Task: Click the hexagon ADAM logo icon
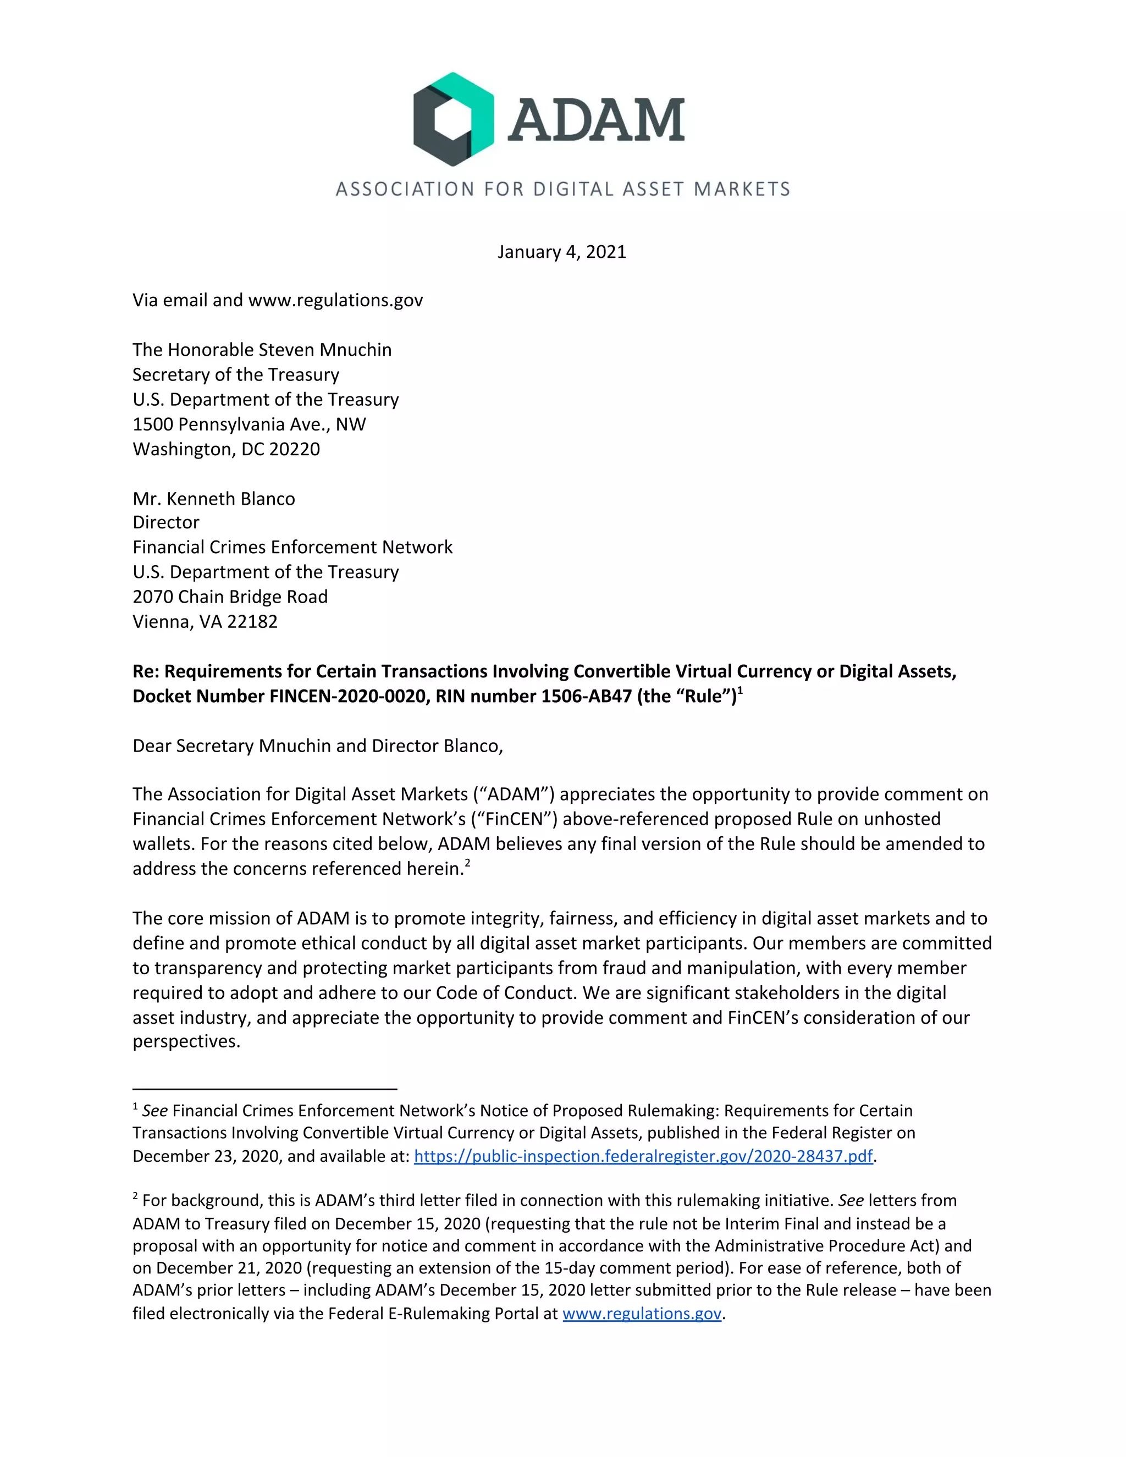pyautogui.click(x=453, y=119)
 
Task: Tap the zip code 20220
pyautogui.click(x=294, y=449)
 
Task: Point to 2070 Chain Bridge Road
pyautogui.click(x=230, y=597)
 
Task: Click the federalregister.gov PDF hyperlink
pyautogui.click(x=643, y=1156)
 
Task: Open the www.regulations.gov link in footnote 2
pyautogui.click(x=642, y=1313)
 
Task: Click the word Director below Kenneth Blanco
pyautogui.click(x=165, y=522)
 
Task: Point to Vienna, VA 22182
pyautogui.click(x=205, y=621)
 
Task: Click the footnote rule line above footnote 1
pyautogui.click(x=265, y=1089)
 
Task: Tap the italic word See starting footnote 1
pyautogui.click(x=154, y=1111)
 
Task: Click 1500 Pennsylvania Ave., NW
pyautogui.click(x=249, y=424)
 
